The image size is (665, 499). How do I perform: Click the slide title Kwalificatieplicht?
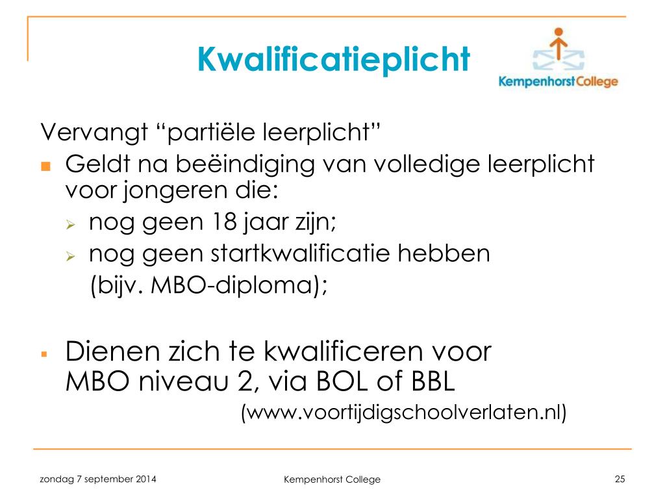point(333,60)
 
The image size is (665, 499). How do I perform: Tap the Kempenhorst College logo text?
point(558,81)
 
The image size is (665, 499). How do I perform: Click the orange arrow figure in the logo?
point(558,44)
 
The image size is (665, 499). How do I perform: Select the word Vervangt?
point(94,132)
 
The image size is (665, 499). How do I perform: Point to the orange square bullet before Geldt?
point(46,166)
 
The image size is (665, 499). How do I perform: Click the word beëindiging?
point(245,164)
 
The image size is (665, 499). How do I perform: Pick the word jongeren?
point(176,190)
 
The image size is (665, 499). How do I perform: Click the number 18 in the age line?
point(224,222)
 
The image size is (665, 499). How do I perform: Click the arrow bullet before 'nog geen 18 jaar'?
point(70,224)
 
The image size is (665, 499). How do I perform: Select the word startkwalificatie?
point(300,253)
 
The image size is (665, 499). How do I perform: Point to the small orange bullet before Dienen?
point(44,354)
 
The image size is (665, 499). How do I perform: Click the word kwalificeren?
point(343,352)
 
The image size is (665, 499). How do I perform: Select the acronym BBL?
point(433,381)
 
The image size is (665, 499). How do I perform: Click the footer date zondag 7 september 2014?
point(98,480)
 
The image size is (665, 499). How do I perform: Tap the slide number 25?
point(620,479)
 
